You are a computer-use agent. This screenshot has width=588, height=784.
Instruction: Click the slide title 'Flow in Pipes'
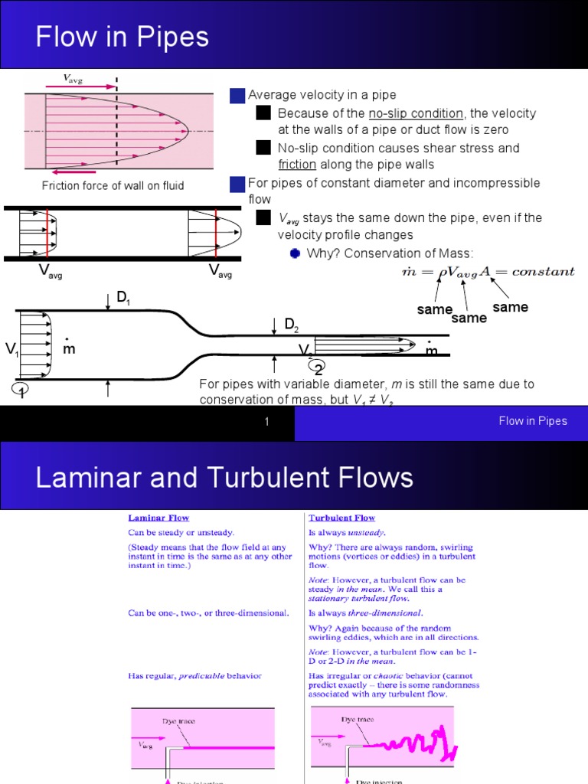point(122,37)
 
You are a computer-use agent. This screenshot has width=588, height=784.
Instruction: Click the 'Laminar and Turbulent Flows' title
point(224,479)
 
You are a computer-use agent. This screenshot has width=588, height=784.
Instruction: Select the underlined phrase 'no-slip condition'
point(416,113)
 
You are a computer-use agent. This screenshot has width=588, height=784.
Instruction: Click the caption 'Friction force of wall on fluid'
point(113,186)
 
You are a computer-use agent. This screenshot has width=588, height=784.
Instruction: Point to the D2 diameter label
point(292,325)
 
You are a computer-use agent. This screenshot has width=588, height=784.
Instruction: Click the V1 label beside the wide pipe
point(12,350)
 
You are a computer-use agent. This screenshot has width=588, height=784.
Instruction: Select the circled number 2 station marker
point(318,369)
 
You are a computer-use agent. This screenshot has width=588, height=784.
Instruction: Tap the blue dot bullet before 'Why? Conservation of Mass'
point(295,253)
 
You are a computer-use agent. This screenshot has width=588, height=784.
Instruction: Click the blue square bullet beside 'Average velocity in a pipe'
point(237,95)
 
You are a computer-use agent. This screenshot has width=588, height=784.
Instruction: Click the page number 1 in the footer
point(266,422)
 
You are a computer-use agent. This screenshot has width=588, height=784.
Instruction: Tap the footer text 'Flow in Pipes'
point(533,421)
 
